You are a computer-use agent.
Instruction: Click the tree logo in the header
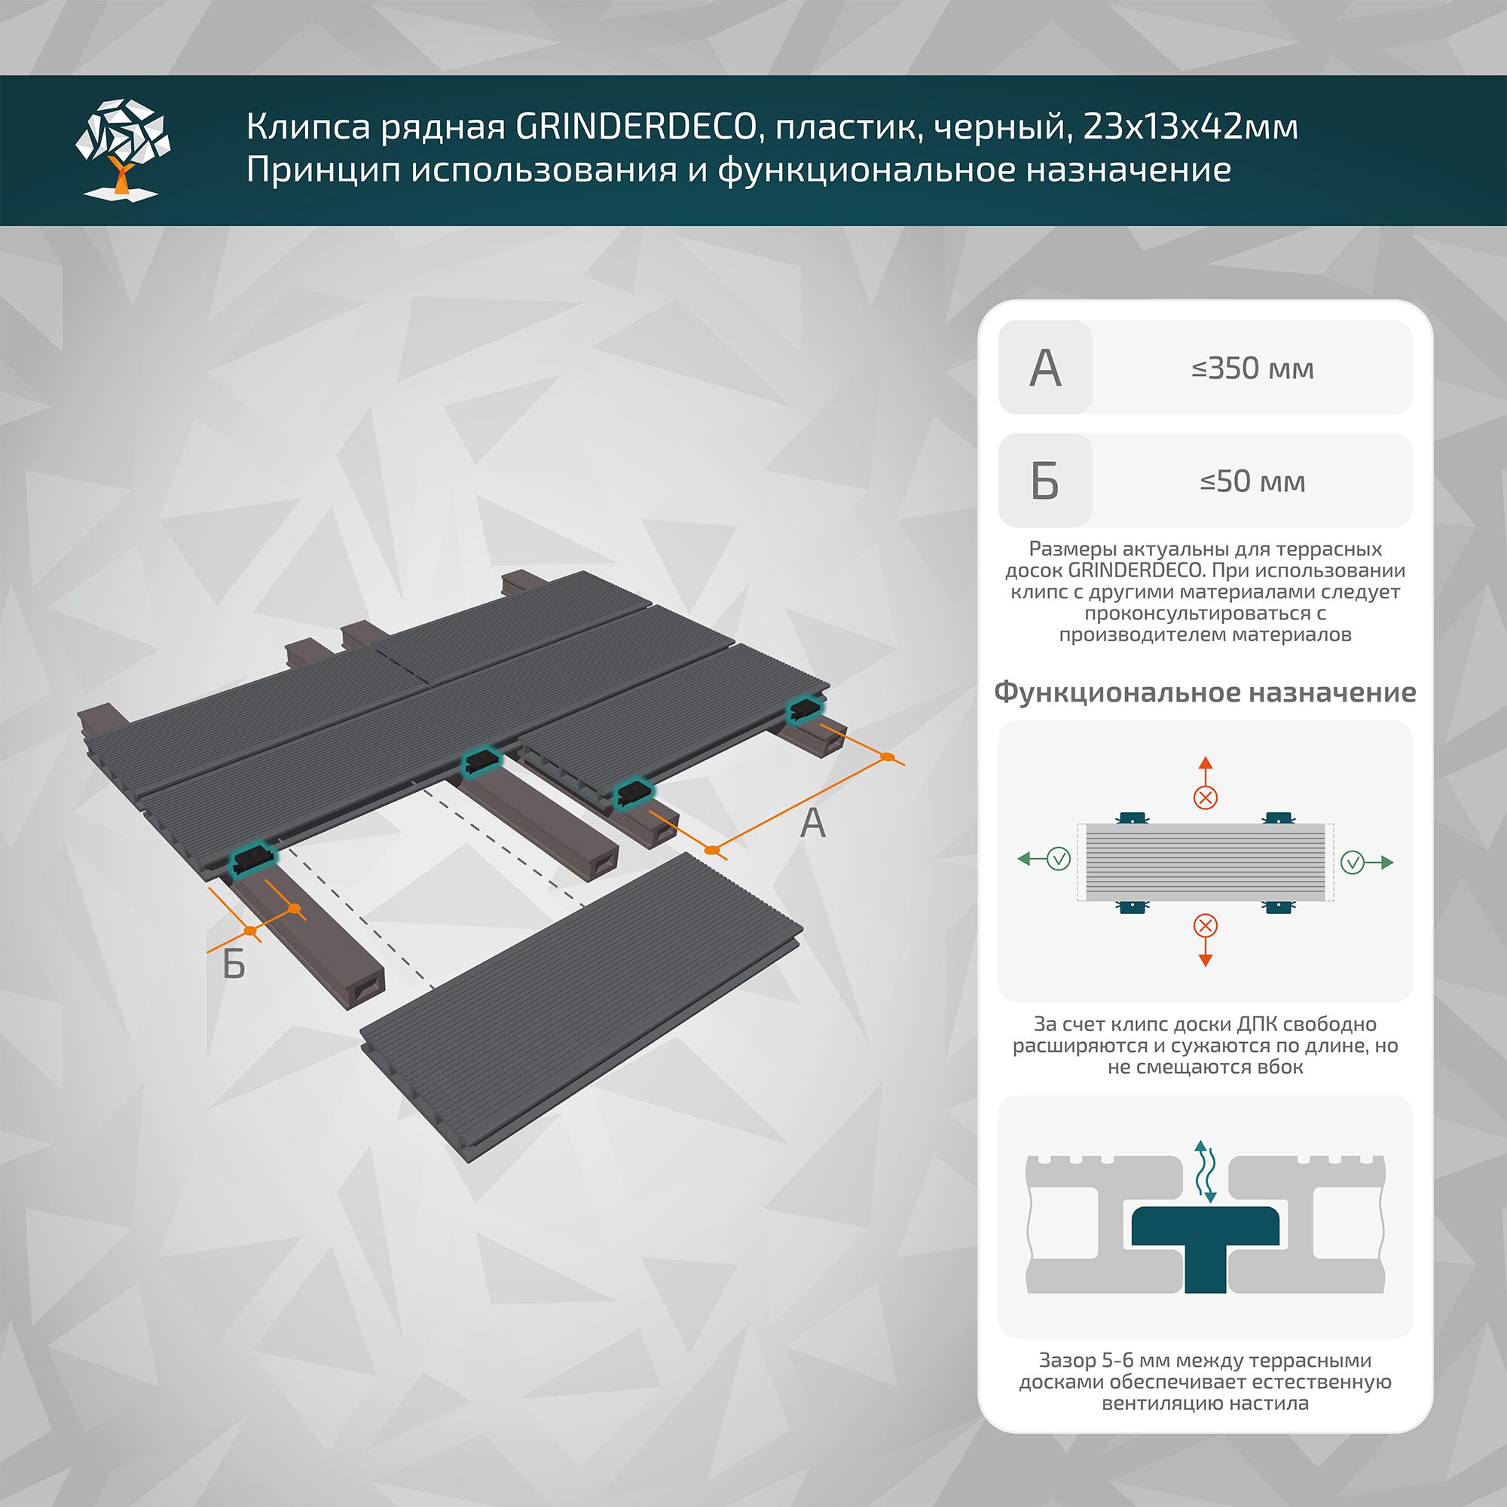123,148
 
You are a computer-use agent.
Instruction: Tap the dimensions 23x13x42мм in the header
1190,127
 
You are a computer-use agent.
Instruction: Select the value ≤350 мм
1252,368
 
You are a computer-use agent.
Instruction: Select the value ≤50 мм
1252,481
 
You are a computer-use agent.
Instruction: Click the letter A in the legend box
1045,368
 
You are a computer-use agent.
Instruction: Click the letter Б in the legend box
1045,481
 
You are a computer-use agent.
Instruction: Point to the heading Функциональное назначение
1204,692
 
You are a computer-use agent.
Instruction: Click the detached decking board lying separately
581,1006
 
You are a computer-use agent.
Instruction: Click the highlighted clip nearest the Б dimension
253,860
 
